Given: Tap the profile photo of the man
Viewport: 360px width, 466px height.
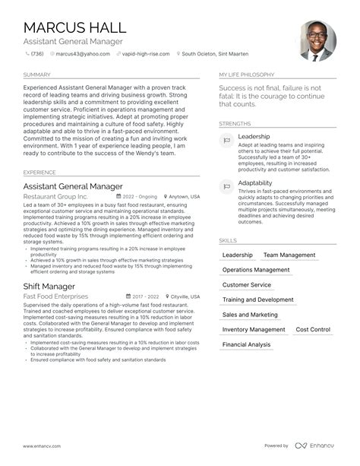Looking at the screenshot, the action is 317,41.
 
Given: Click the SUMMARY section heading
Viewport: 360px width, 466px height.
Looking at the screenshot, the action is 36,75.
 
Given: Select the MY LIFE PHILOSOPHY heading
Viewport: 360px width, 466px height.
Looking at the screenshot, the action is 247,75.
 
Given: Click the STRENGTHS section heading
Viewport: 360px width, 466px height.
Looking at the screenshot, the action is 235,123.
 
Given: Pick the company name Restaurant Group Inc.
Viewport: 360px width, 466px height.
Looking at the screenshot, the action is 55,196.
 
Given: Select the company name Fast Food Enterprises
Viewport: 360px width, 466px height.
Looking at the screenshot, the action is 55,296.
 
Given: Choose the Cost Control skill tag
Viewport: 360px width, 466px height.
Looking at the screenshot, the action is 312,330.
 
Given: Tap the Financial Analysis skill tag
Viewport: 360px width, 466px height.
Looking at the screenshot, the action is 246,344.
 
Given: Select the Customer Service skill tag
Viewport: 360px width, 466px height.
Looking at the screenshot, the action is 246,285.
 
